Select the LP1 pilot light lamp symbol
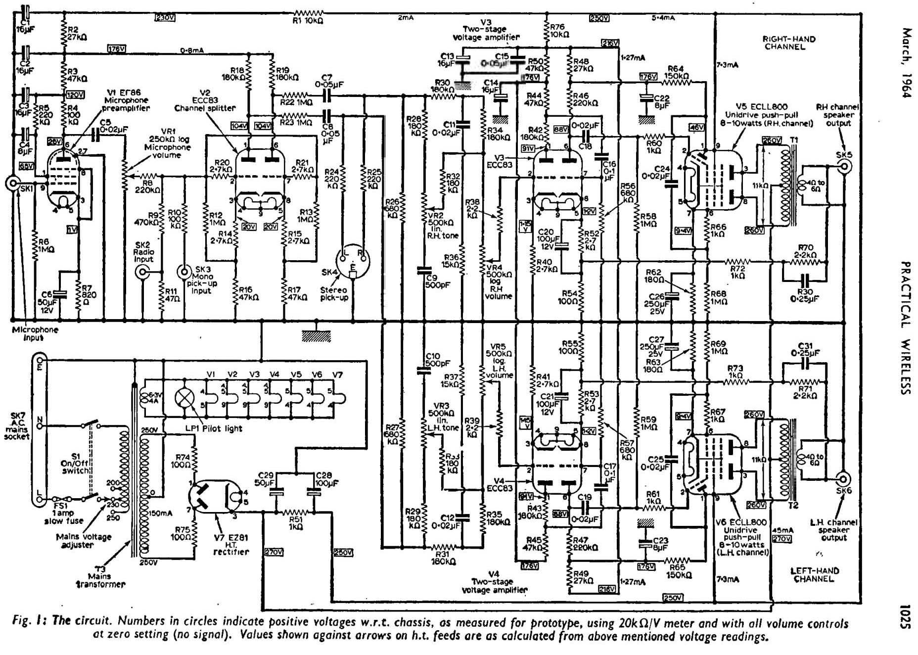185,398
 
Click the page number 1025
905,616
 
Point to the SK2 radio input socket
143,272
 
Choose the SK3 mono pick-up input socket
184,272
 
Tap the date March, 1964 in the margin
905,63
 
